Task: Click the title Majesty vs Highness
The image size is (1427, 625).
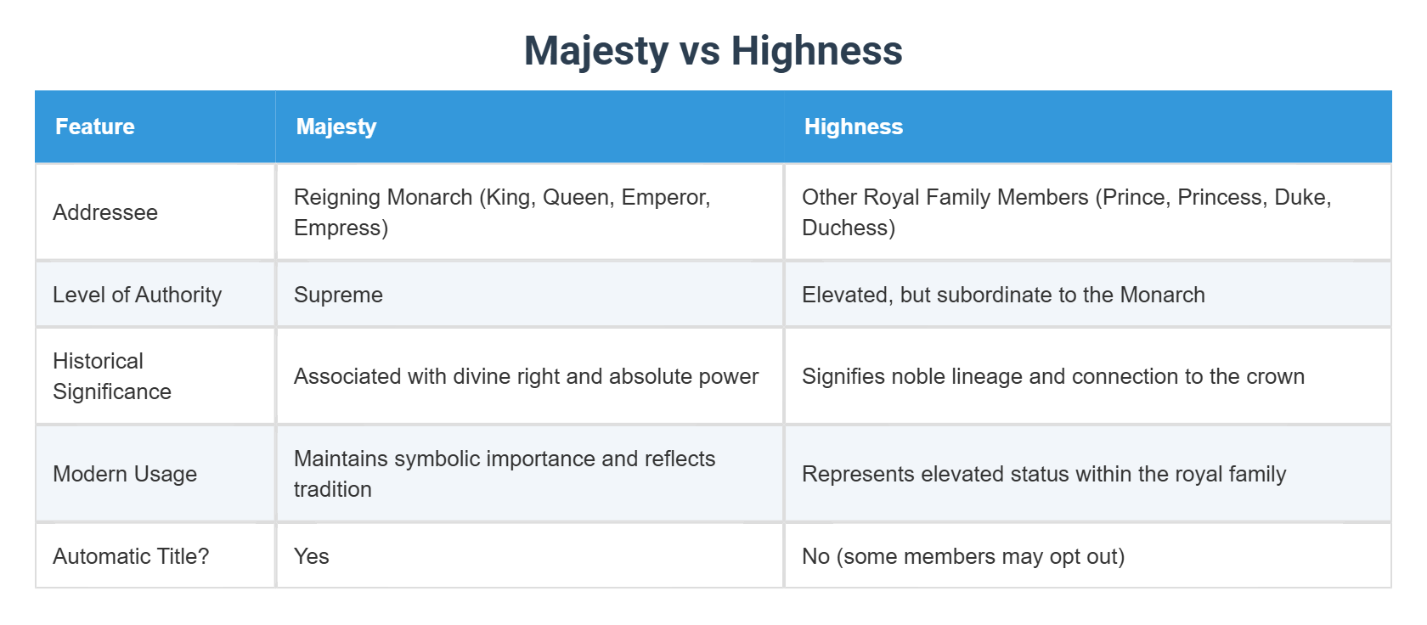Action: (x=713, y=50)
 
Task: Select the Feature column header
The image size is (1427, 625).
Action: (x=95, y=127)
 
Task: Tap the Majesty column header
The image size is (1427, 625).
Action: (x=336, y=127)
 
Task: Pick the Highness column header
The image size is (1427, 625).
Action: (x=853, y=127)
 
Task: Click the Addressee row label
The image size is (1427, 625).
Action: (x=105, y=212)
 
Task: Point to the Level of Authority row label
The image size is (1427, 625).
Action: (x=137, y=295)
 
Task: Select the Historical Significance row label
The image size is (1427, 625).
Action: (x=112, y=376)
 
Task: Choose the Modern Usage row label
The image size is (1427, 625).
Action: (x=125, y=474)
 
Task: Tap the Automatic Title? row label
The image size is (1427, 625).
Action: (x=131, y=556)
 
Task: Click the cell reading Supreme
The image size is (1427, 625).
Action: (x=338, y=295)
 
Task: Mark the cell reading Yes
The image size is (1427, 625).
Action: (x=312, y=556)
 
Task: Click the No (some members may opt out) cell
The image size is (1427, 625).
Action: (x=963, y=556)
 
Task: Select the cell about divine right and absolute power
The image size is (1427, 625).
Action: (x=526, y=376)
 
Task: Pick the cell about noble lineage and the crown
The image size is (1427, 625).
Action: (x=1052, y=376)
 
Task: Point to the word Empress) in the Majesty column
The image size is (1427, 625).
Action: (x=341, y=228)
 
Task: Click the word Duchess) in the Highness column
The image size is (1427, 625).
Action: (x=849, y=228)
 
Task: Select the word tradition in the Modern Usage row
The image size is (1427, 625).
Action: (x=333, y=490)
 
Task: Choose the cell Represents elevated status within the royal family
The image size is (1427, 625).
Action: (x=1044, y=474)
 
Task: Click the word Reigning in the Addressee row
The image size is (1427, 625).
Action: (x=337, y=197)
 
